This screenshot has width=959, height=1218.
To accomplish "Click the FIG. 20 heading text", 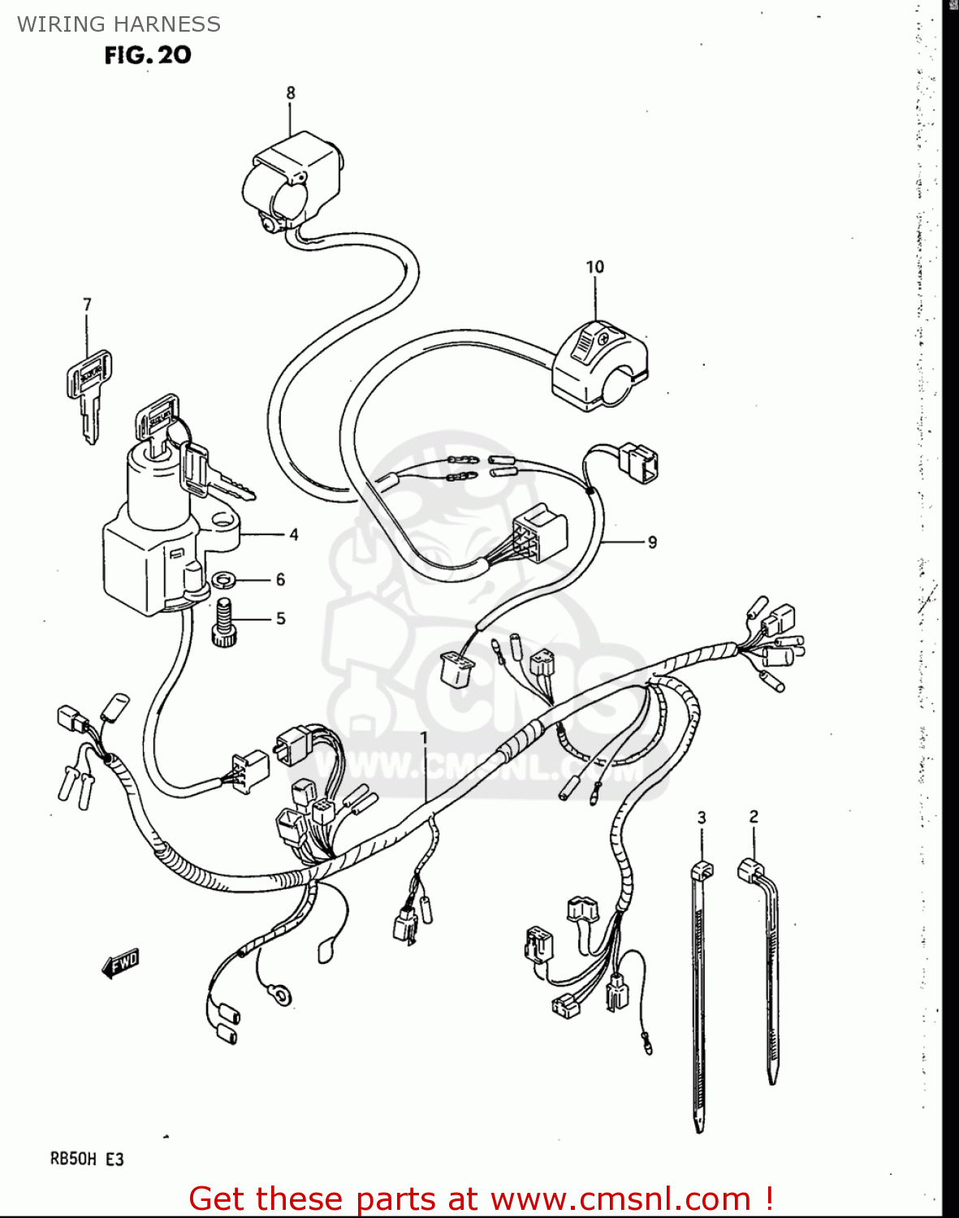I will [x=148, y=55].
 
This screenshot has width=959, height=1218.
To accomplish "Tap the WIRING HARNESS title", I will [x=119, y=24].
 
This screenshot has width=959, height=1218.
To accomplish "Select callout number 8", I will [x=291, y=93].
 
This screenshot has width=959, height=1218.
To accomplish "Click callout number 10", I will [x=594, y=267].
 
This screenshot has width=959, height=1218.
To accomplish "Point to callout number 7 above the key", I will [x=87, y=304].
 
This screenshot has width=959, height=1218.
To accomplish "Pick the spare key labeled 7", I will [x=88, y=390].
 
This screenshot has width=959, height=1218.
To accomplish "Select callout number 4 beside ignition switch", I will [x=293, y=534].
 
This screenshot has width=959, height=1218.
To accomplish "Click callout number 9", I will [x=652, y=542].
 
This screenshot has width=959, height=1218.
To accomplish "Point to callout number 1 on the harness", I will [x=423, y=736].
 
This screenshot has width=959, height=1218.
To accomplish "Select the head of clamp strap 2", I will [x=749, y=870].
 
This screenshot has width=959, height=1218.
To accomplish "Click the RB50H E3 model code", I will [x=87, y=1159].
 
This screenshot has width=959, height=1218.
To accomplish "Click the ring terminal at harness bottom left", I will [x=282, y=993].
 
